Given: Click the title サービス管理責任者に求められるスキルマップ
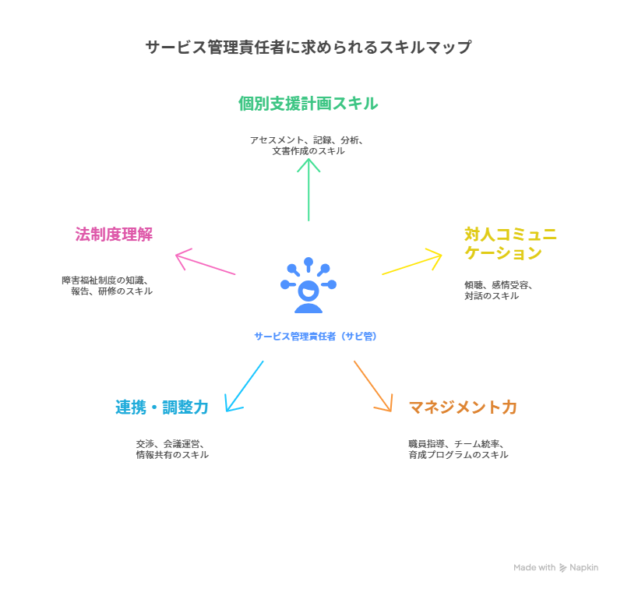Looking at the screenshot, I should (308, 48).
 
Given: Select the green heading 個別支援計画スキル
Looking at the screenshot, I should (308, 104).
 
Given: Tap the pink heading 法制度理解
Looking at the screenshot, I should (114, 234).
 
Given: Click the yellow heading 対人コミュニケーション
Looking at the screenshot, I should (510, 244).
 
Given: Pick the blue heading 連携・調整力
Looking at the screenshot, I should (162, 407).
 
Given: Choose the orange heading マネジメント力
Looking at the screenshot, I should (463, 407).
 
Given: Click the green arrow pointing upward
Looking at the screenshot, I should (309, 189).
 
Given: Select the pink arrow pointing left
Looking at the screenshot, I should (205, 263).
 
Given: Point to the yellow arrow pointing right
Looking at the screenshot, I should (413, 263).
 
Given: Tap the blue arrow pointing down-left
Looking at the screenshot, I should (244, 386).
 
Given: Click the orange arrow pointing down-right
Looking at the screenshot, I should (373, 386).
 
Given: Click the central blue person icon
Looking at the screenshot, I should (308, 285).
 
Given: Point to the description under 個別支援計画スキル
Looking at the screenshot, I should (308, 146).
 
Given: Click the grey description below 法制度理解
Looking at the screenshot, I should (108, 285).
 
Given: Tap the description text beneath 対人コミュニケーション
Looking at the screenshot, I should (499, 291).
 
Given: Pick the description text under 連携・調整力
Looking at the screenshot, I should (172, 449).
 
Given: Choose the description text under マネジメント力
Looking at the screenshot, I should (458, 449).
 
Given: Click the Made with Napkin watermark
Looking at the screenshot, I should (556, 568).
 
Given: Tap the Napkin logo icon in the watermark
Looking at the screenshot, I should (563, 568).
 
